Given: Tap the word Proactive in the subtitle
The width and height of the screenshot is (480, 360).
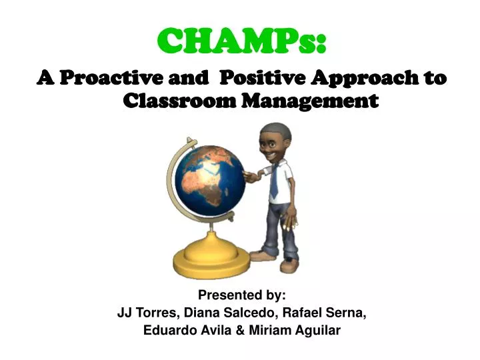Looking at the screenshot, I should (108, 79).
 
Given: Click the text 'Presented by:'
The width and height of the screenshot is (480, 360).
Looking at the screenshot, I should (242, 295).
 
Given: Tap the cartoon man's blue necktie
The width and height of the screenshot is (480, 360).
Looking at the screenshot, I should (275, 182).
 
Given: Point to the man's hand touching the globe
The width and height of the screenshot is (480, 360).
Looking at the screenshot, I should (249, 176).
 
